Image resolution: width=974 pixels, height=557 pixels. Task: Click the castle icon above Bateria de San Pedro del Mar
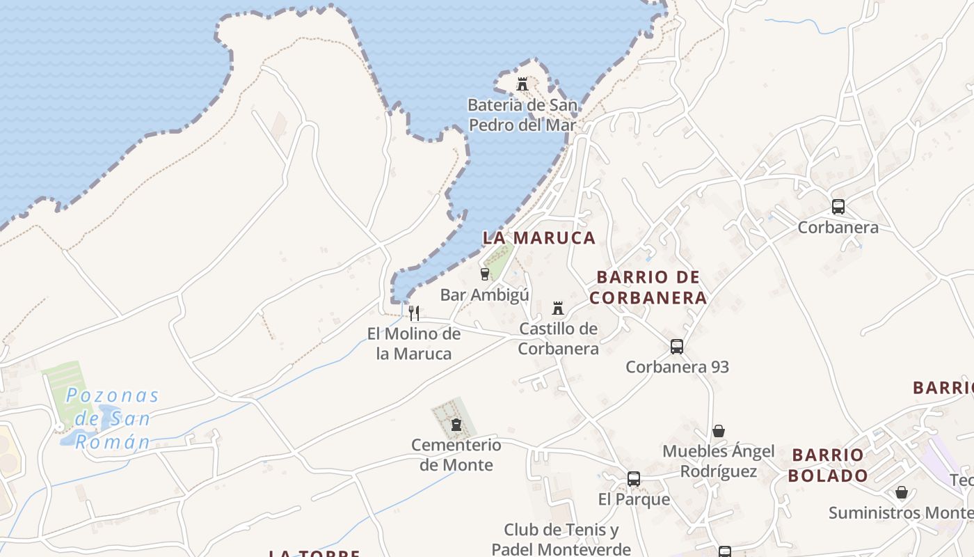point(522,84)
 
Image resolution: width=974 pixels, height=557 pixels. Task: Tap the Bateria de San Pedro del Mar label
point(522,116)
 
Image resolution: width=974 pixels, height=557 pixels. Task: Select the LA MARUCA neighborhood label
point(539,238)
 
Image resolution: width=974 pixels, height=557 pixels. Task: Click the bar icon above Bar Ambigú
point(485,274)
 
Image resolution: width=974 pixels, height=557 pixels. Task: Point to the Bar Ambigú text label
point(484,295)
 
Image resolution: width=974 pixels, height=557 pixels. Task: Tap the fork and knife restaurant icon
point(414,313)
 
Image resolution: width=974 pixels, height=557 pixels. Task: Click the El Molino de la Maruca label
point(414,343)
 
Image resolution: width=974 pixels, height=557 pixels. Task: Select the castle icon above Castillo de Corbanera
point(557,308)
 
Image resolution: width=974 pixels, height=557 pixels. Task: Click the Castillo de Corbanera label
point(558,338)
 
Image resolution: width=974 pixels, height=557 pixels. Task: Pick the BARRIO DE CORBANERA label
point(648,288)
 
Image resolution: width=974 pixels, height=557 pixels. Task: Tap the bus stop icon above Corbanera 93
point(676,346)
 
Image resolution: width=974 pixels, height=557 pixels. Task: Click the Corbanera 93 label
point(677,367)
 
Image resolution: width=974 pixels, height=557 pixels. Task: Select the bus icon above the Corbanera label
point(838,207)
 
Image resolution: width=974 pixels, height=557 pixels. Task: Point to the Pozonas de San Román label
point(112,418)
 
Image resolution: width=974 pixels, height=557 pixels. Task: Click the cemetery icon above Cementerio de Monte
point(456,424)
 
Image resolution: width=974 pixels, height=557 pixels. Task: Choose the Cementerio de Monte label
point(456,455)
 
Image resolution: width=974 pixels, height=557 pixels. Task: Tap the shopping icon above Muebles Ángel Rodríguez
point(718,431)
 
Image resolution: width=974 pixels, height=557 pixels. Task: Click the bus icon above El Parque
point(633,479)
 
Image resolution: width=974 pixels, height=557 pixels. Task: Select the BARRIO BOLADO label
point(829,466)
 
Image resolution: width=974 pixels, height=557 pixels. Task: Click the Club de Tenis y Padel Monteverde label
point(561,540)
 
